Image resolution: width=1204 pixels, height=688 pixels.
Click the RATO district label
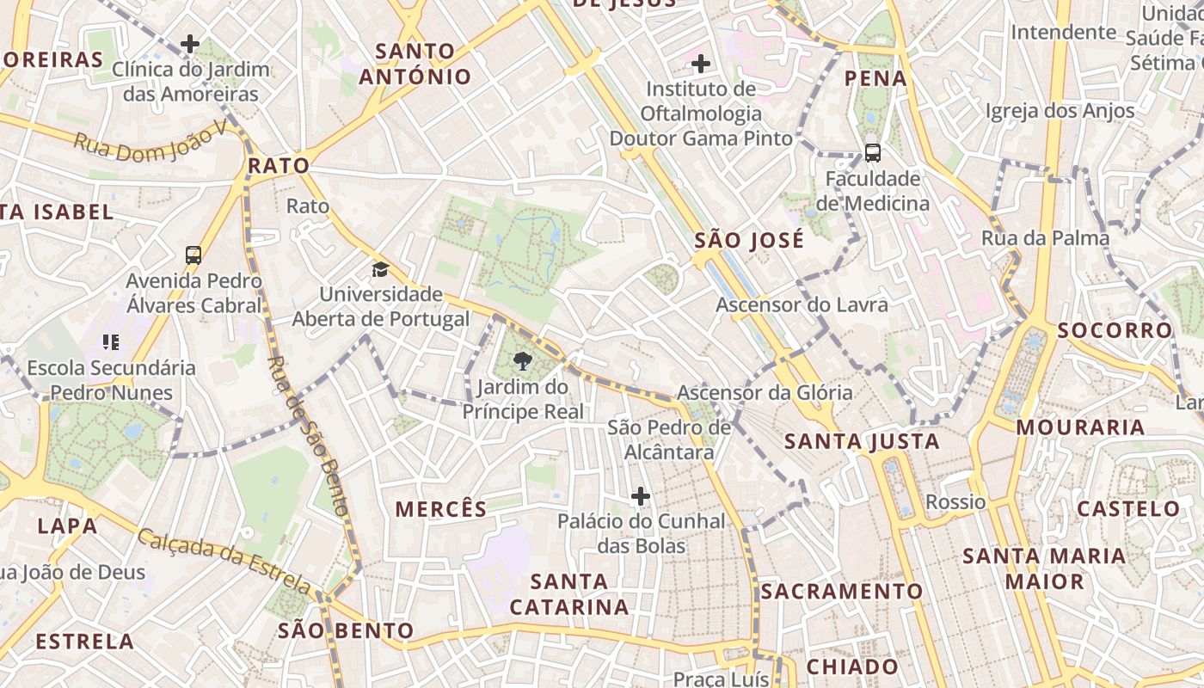click(278, 165)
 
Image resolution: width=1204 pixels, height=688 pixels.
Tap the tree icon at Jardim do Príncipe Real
click(521, 362)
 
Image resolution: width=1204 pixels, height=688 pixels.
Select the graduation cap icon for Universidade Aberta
click(380, 270)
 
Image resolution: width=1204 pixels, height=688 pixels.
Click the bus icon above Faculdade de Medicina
click(872, 153)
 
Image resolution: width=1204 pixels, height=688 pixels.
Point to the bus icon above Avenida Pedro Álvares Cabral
click(193, 255)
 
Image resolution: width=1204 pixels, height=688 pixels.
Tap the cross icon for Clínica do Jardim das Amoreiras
click(190, 43)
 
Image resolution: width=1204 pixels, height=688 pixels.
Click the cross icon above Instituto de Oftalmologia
click(701, 63)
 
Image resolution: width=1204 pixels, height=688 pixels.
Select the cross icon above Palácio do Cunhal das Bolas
click(640, 496)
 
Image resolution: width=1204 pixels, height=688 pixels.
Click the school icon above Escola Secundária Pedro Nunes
click(110, 342)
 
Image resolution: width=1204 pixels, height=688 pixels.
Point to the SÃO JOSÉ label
click(749, 240)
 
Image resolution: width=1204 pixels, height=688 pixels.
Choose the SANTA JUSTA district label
click(862, 442)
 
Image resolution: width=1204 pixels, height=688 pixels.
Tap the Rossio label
click(955, 501)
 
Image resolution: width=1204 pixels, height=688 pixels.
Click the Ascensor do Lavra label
click(802, 304)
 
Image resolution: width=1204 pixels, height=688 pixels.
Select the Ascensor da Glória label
click(765, 393)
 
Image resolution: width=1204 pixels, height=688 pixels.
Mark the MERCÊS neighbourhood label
click(441, 509)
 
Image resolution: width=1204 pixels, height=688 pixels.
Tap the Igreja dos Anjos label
click(1060, 110)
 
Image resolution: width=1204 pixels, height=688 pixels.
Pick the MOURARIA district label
click(1079, 427)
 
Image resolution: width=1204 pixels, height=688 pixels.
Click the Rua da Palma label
click(1045, 238)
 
